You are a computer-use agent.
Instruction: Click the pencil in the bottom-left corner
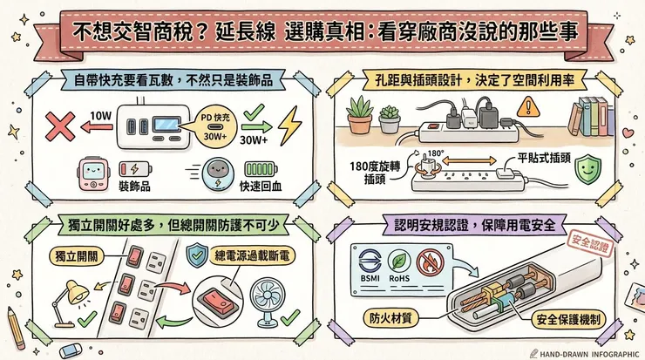click(16, 328)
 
